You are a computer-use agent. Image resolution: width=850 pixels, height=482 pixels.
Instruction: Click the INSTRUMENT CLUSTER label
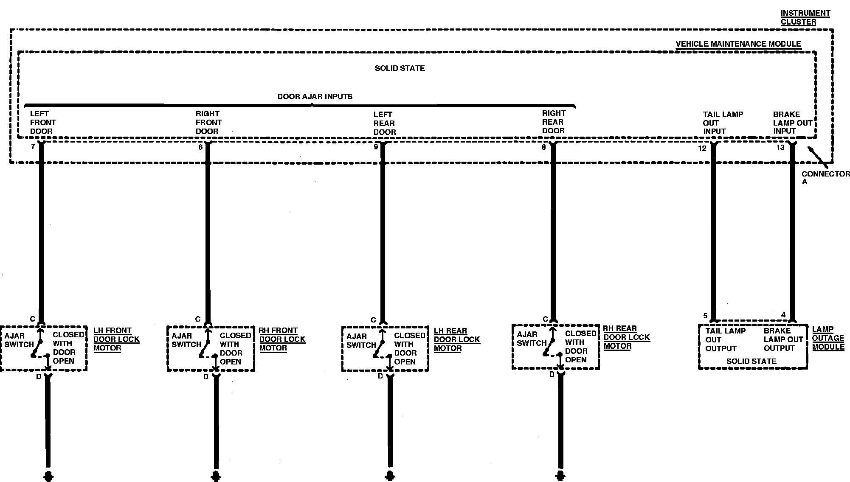coord(805,17)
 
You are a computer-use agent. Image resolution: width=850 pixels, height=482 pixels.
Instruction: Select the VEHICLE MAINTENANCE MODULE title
coord(738,44)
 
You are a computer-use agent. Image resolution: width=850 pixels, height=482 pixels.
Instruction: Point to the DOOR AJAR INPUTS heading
coord(315,97)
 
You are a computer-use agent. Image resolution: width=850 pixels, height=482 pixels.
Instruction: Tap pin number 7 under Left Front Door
coord(33,147)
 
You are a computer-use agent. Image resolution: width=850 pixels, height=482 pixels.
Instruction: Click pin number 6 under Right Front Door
coord(200,147)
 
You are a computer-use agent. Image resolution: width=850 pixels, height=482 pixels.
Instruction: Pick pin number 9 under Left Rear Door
coord(376,147)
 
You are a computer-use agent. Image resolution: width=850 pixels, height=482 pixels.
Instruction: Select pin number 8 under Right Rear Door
coord(543,147)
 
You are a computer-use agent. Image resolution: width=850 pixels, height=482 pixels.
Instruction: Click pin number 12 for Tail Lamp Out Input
coord(702,148)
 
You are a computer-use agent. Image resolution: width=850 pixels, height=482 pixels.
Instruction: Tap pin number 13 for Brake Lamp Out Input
coord(780,148)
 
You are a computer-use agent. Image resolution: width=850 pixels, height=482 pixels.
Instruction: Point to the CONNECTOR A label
coord(825,177)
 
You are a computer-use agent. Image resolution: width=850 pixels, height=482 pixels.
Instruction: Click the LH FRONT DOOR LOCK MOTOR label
coord(116,339)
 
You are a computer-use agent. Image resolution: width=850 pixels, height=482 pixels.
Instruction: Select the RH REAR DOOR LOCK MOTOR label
coord(626,337)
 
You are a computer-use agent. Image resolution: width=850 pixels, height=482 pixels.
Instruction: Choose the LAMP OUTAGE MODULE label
coord(828,338)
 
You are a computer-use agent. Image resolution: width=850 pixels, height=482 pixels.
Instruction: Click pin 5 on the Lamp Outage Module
coord(705,316)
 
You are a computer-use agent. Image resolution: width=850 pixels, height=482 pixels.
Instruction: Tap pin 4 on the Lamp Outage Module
coord(783,315)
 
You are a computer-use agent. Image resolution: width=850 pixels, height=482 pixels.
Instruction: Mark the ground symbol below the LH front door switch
coord(48,475)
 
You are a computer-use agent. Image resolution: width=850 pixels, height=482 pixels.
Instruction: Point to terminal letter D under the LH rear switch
coord(380,376)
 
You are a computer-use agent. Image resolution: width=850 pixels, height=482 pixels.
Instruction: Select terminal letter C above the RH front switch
coord(197,319)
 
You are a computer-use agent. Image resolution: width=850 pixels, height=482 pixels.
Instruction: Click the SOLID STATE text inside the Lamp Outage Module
coord(751,361)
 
